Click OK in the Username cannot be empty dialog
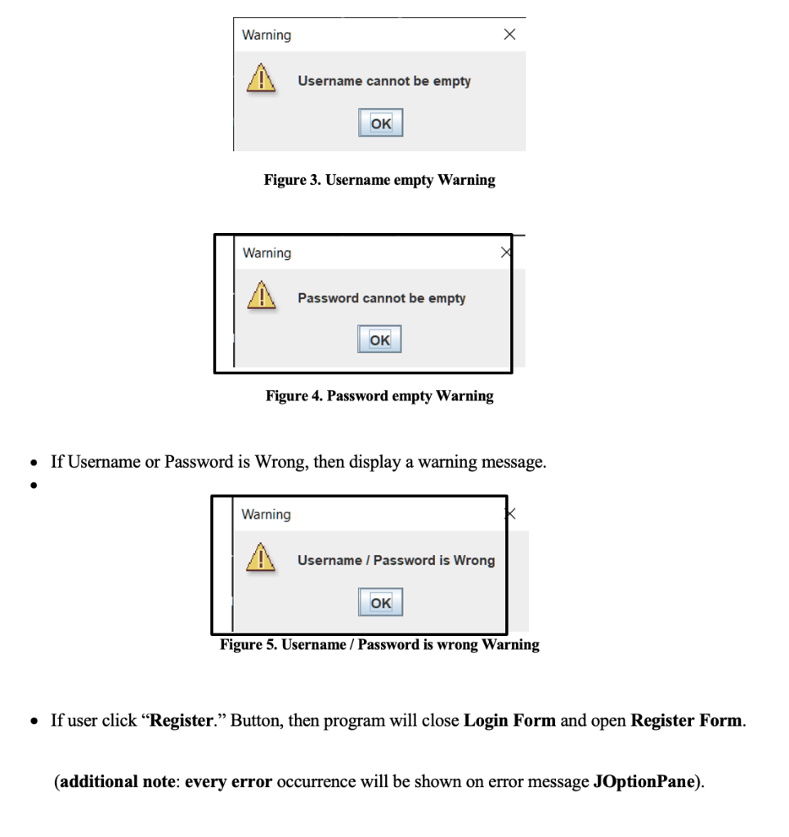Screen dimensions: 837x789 tap(381, 123)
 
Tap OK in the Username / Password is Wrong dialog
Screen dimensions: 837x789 tap(380, 602)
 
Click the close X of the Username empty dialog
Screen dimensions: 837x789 tap(509, 34)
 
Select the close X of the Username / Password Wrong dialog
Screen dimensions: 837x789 tap(510, 513)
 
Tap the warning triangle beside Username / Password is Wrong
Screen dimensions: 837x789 tap(261, 560)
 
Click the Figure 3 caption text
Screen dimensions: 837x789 tap(379, 180)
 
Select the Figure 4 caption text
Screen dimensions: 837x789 tap(379, 396)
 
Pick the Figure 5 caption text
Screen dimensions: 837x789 tap(379, 645)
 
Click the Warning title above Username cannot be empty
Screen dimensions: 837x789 tap(266, 35)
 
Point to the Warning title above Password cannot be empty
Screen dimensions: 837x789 tap(267, 253)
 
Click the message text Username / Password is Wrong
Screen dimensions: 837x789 tap(396, 560)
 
